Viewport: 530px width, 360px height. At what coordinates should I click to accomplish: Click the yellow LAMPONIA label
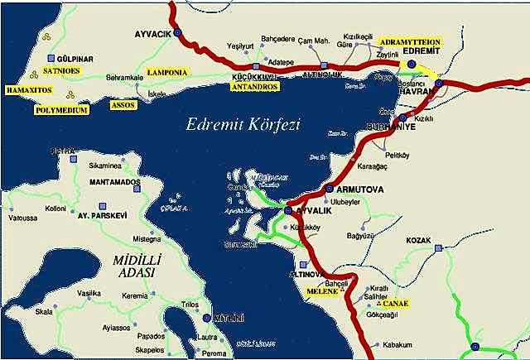pyautogui.click(x=167, y=73)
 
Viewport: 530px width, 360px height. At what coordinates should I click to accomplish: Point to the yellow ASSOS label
pyautogui.click(x=123, y=106)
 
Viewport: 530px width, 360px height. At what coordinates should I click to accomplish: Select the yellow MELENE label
pyautogui.click(x=322, y=291)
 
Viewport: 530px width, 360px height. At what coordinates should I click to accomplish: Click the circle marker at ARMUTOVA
pyautogui.click(x=330, y=189)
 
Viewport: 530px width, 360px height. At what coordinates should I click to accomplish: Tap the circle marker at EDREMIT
pyautogui.click(x=412, y=63)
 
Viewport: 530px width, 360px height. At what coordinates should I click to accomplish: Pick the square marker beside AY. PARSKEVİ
pyautogui.click(x=102, y=204)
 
